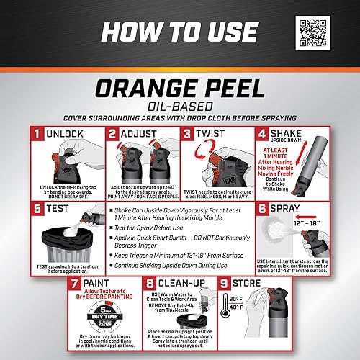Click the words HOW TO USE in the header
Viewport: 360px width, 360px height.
180,32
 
